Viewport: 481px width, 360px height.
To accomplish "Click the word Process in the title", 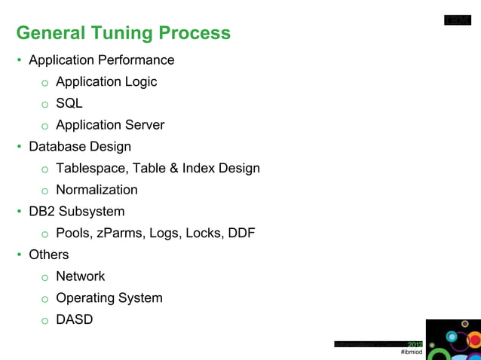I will pos(195,34).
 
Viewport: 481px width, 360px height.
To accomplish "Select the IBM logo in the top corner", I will pos(458,20).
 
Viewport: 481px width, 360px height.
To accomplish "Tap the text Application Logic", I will pos(106,81).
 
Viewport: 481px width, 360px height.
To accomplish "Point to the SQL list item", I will pos(69,103).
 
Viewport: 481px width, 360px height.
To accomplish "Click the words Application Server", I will pos(110,125).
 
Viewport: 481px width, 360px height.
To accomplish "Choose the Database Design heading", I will pos(79,146).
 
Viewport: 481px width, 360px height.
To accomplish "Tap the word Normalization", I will pos(97,190).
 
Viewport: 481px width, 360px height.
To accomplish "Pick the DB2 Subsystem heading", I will pos(76,212).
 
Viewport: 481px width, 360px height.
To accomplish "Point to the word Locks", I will pos(201,233).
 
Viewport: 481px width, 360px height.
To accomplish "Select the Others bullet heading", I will pos(48,255).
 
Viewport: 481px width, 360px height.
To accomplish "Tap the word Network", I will pos(80,276).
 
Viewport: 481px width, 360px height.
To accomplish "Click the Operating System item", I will pos(109,298).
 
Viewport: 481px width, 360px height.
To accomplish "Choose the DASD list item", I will pos(74,319).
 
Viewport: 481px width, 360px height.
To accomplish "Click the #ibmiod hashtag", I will pos(412,352).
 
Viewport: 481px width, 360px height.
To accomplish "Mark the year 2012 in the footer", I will pos(415,344).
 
